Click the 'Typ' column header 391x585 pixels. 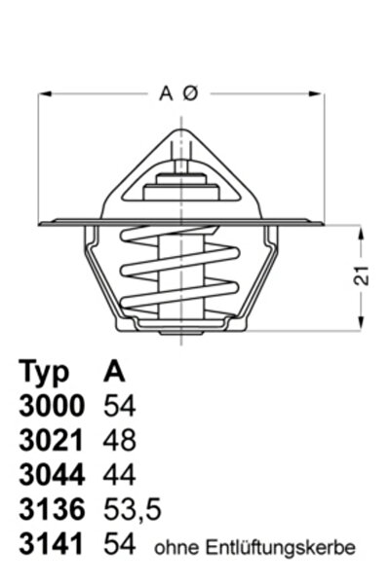click(x=44, y=371)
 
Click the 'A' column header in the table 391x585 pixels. click(x=114, y=371)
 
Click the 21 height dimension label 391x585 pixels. click(x=362, y=275)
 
